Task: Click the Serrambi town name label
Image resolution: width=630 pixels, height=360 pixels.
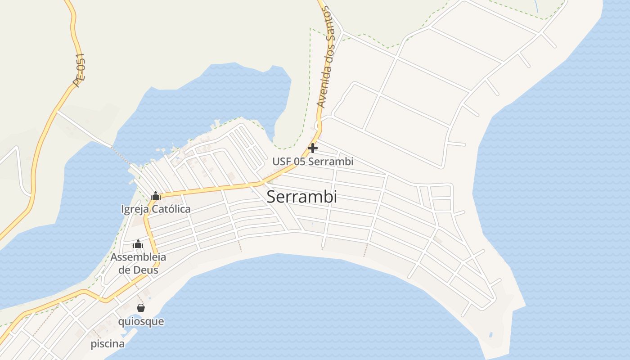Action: [x=301, y=197]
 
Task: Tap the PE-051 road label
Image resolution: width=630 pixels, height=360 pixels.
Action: [x=79, y=70]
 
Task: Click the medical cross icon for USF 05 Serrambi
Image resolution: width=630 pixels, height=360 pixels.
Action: [x=313, y=148]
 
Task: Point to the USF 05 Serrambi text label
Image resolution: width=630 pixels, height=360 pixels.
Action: [x=313, y=161]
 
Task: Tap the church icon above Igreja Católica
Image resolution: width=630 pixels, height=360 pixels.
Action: [x=156, y=196]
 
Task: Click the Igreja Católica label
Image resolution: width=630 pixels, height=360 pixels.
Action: [x=156, y=209]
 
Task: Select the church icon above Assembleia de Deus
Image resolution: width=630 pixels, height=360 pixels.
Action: [x=138, y=244]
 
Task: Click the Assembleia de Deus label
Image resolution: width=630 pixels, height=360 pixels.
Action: [x=138, y=263]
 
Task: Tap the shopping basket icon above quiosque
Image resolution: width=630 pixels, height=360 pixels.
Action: [x=141, y=308]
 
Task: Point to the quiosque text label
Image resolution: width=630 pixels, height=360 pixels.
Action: [x=141, y=321]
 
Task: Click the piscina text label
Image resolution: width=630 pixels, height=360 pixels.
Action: [x=108, y=344]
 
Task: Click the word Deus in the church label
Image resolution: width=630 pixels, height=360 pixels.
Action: [x=145, y=270]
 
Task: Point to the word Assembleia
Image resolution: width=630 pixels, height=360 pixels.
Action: [x=138, y=257]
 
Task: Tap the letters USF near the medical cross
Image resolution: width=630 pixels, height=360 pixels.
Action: [x=280, y=161]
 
